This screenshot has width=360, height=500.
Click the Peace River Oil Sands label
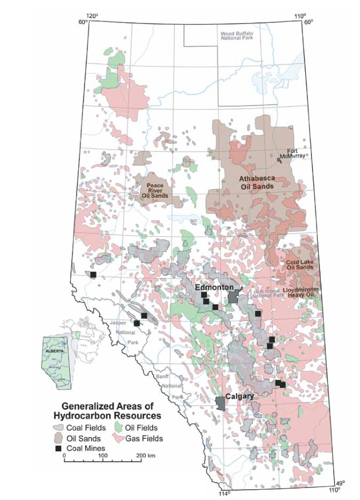pos(155,190)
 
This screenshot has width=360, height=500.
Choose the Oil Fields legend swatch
pos(121,427)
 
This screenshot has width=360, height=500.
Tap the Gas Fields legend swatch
pos(121,438)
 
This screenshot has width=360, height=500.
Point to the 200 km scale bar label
pos(146,455)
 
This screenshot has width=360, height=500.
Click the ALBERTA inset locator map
pos(57,358)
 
